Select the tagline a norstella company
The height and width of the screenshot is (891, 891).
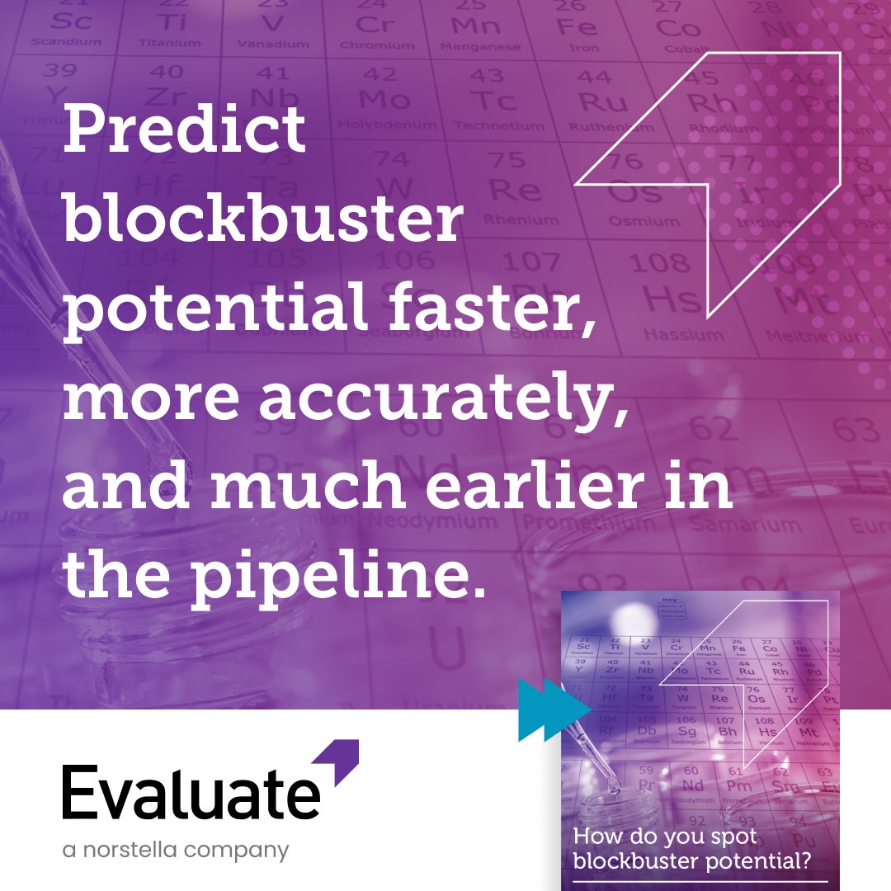176,850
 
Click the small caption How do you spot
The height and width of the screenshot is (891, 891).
665,837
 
